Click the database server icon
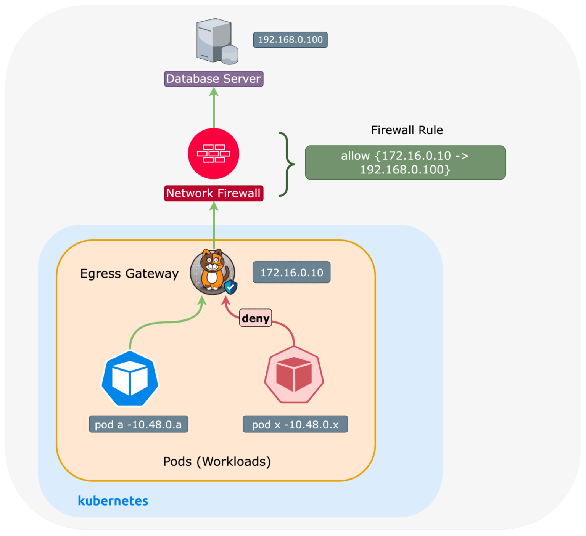216,41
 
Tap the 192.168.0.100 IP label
290,40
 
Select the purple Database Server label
214,79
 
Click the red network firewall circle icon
214,154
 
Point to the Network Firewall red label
214,193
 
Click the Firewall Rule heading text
407,130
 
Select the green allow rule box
405,162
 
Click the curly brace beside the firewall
287,164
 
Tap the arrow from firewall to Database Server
214,108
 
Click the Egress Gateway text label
129,274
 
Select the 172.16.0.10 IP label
291,273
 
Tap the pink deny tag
256,318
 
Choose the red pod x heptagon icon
294,375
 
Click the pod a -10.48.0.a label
138,424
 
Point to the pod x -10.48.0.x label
295,424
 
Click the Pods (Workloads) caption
217,462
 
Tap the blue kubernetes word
113,501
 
